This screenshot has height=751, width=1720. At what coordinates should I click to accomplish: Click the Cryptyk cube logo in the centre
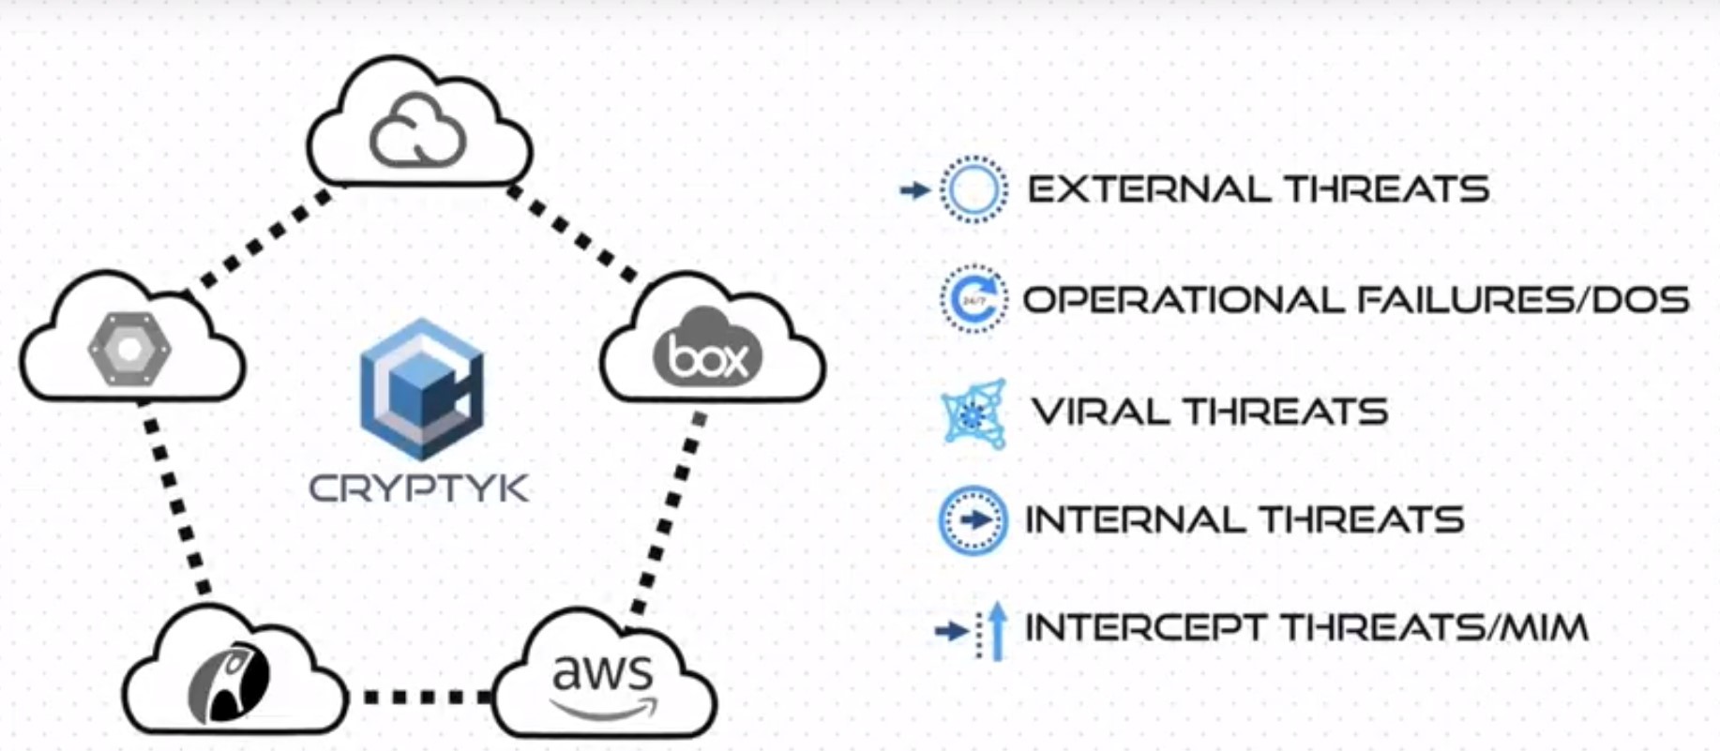(x=421, y=389)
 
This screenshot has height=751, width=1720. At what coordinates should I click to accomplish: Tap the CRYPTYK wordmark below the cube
(x=418, y=488)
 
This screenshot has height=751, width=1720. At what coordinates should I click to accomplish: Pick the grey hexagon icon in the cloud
(x=129, y=349)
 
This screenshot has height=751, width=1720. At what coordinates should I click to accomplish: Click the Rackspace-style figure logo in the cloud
(x=228, y=683)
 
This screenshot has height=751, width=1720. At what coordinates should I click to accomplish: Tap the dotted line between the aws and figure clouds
(x=421, y=697)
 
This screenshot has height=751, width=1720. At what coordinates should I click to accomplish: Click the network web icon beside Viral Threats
(x=973, y=413)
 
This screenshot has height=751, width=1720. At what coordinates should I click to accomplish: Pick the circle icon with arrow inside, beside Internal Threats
(x=973, y=520)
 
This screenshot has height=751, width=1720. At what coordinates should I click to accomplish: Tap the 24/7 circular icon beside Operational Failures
(x=973, y=300)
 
